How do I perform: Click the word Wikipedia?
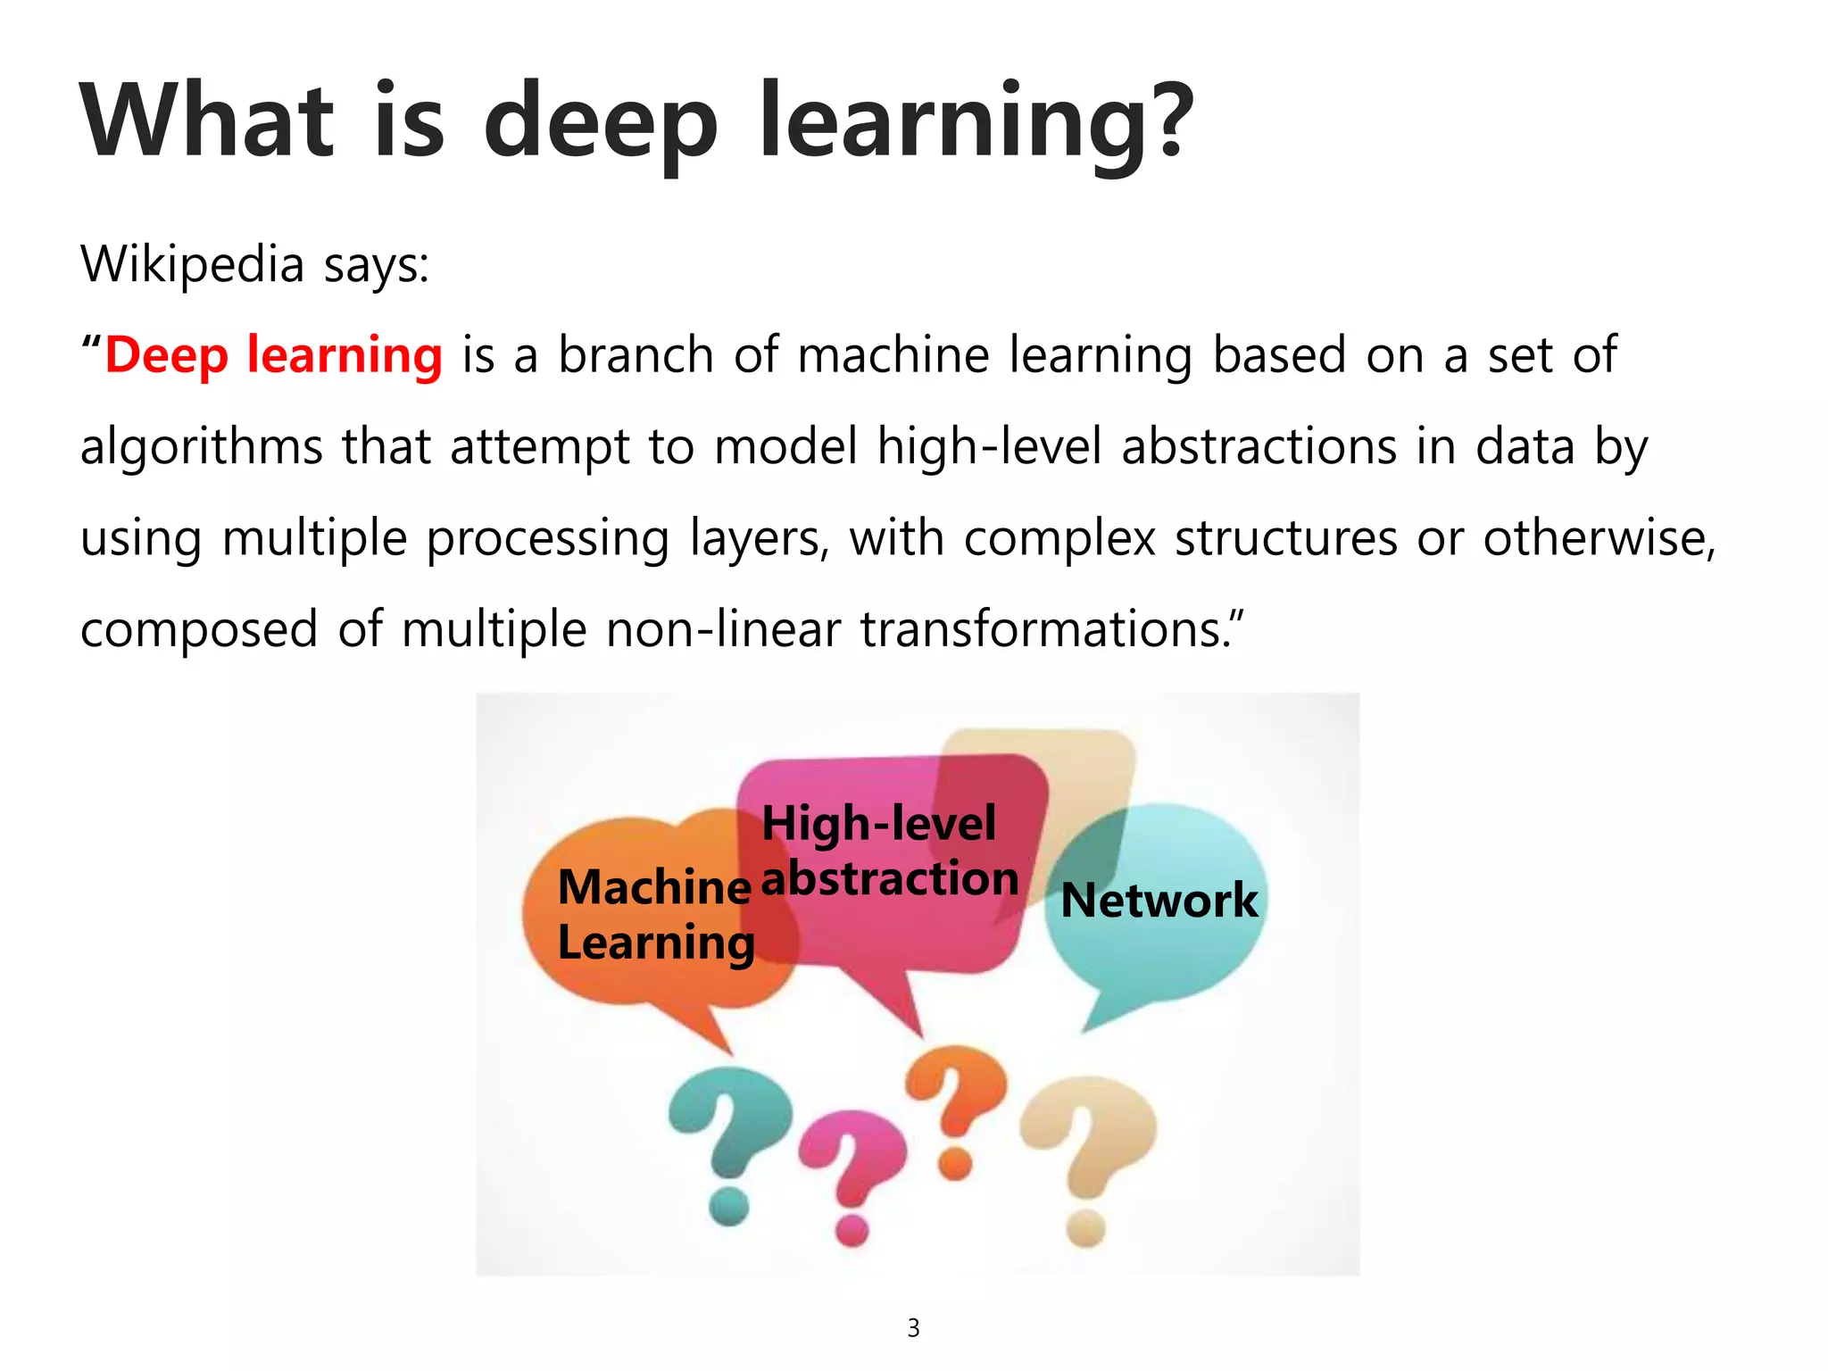coord(192,264)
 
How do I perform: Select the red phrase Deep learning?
coord(273,355)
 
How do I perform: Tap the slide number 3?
coord(913,1328)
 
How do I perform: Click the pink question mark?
coord(852,1169)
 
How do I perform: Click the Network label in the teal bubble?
coord(1159,900)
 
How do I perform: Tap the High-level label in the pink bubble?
coord(878,823)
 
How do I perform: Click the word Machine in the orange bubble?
coord(654,887)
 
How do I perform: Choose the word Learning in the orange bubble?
coord(656,943)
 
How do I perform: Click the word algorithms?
coord(201,446)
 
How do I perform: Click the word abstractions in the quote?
coord(1259,446)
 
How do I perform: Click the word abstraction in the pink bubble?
coord(890,879)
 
